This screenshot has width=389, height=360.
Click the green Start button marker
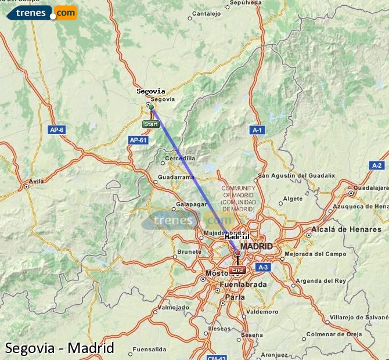(x=150, y=124)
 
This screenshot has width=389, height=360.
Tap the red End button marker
(x=237, y=270)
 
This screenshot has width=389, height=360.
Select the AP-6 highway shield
(x=57, y=130)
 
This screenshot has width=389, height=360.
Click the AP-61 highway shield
(x=138, y=140)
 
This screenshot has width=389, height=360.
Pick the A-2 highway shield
(x=377, y=165)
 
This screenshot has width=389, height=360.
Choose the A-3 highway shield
(x=262, y=267)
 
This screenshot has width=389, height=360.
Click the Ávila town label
(x=36, y=181)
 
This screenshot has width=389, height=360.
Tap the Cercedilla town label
(x=180, y=158)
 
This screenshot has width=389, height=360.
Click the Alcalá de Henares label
(x=346, y=229)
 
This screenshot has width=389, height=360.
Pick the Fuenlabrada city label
(x=244, y=285)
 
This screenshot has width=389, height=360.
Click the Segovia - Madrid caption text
(x=60, y=348)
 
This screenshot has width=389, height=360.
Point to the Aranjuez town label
(x=275, y=354)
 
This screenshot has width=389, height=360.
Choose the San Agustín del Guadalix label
(x=297, y=175)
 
